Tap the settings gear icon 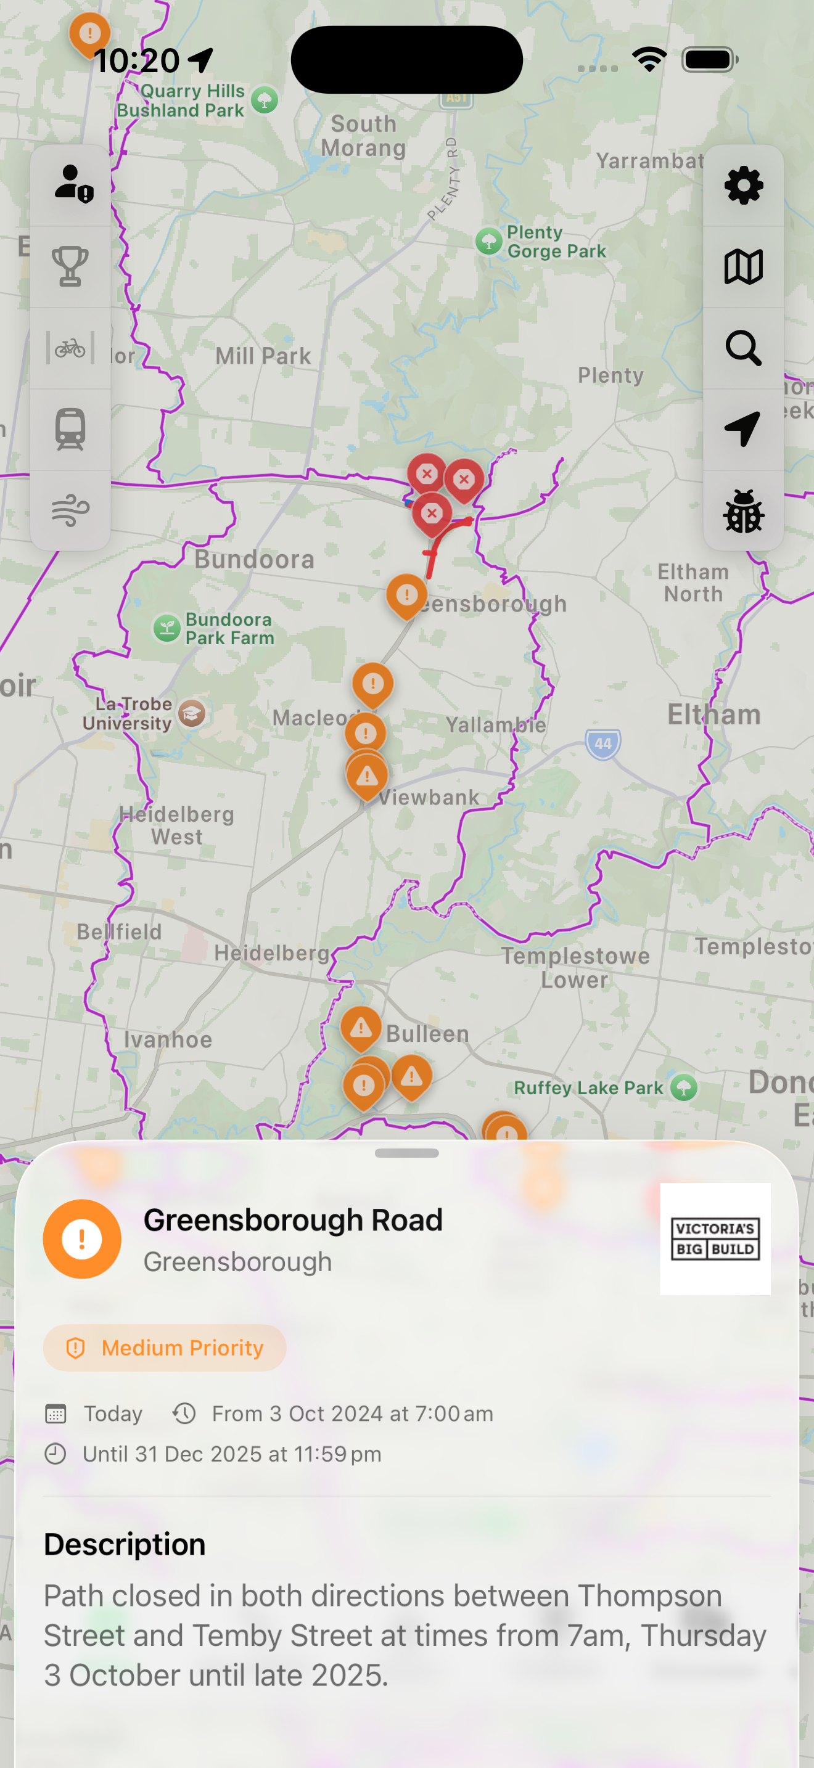pyautogui.click(x=743, y=186)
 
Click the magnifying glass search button pyautogui.click(x=743, y=348)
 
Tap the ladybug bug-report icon pyautogui.click(x=743, y=510)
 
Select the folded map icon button pyautogui.click(x=743, y=266)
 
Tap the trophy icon pyautogui.click(x=71, y=266)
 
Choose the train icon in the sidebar pyautogui.click(x=71, y=429)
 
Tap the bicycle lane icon pyautogui.click(x=71, y=348)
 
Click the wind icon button pyautogui.click(x=71, y=510)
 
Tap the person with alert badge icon pyautogui.click(x=73, y=184)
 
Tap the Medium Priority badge pyautogui.click(x=165, y=1348)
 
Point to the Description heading pyautogui.click(x=125, y=1544)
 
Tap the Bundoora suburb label pyautogui.click(x=254, y=559)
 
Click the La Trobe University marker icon pyautogui.click(x=192, y=714)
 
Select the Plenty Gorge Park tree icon pyautogui.click(x=488, y=241)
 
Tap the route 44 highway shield pyautogui.click(x=602, y=743)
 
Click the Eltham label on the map pyautogui.click(x=714, y=714)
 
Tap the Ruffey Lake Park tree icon pyautogui.click(x=684, y=1087)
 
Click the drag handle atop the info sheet pyautogui.click(x=407, y=1153)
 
